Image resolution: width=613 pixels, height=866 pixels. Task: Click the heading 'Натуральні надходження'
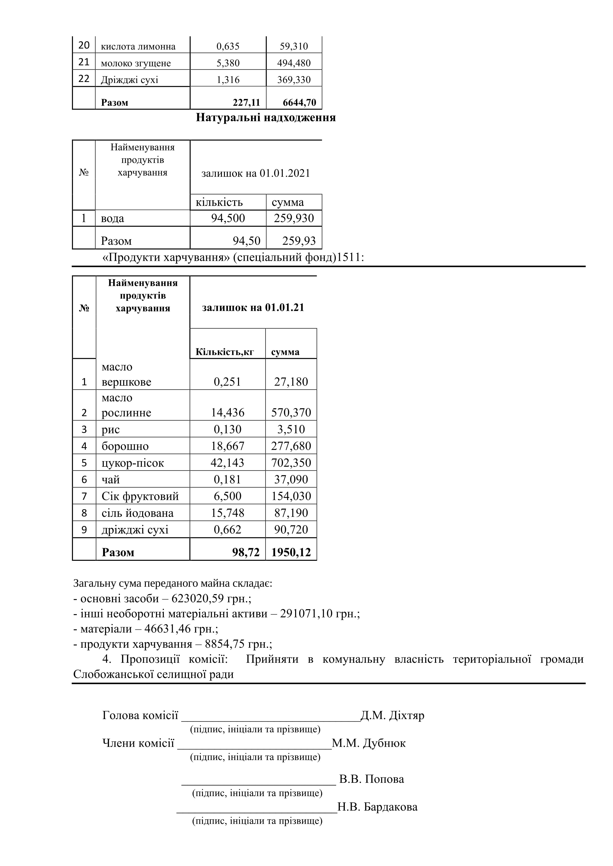point(266,118)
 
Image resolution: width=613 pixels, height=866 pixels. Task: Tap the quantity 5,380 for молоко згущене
point(228,63)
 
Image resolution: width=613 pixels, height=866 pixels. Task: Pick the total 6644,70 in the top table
point(299,102)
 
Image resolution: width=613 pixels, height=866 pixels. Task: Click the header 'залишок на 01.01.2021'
point(256,174)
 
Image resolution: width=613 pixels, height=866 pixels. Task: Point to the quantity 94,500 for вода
point(228,218)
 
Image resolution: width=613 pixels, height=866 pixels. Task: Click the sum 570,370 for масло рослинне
point(291,413)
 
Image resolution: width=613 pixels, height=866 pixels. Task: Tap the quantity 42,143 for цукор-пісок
point(227,463)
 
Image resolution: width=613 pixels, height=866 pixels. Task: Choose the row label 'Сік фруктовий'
point(140,496)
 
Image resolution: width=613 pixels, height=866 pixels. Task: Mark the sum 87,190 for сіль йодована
point(291,513)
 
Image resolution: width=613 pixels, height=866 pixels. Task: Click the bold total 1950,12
point(291,553)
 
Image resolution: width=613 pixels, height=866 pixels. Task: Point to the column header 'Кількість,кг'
point(225,352)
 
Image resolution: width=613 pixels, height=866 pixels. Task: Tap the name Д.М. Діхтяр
point(393,716)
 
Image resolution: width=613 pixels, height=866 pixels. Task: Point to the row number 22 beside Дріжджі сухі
point(84,79)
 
